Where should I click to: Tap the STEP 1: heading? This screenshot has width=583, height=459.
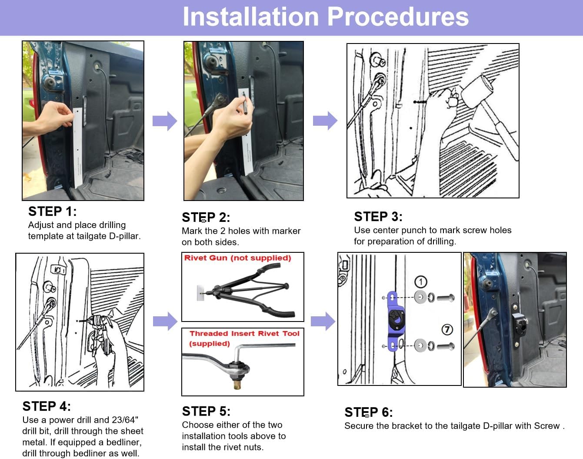point(52,211)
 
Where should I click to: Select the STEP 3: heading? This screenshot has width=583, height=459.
point(378,216)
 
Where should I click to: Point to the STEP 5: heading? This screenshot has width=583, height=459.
point(206,411)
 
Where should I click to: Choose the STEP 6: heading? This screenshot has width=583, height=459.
point(369,412)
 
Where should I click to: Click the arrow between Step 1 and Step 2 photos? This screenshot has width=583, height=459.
point(165,121)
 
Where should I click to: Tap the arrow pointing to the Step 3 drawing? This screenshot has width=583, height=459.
point(325,121)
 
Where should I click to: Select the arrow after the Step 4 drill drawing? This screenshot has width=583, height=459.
point(165,321)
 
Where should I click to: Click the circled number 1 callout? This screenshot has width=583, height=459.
point(421,282)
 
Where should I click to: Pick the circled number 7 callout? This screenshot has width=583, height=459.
point(447,330)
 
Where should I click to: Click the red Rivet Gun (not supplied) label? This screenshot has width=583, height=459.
point(237,258)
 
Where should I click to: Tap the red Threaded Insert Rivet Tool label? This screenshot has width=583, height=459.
point(244,338)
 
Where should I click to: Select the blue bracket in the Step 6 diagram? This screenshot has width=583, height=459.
point(396,322)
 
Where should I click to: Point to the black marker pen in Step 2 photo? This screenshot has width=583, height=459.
point(245,103)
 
